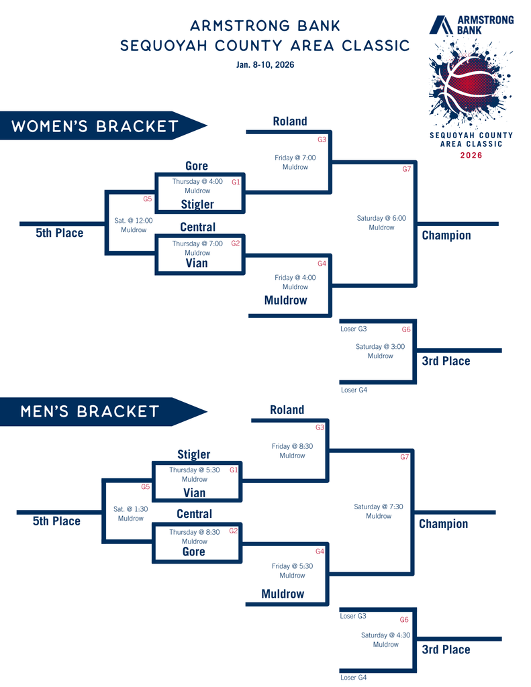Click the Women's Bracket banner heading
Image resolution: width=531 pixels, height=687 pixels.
coord(95,126)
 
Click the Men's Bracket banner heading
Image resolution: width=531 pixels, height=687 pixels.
coord(90,411)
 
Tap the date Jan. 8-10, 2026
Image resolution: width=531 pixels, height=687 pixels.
coord(265,65)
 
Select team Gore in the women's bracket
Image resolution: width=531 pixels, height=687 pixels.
coord(197,166)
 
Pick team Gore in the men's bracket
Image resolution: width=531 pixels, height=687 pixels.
coord(194,551)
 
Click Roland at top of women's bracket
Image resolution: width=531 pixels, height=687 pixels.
coord(290,121)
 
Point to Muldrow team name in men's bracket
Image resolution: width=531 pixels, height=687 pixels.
coord(283,594)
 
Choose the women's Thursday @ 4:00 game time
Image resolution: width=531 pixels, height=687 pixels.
coord(197,181)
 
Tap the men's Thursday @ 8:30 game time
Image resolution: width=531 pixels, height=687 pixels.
coord(195,532)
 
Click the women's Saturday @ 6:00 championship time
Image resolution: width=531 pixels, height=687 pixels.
coord(381,218)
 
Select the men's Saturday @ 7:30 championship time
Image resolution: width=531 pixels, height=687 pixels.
coord(379,507)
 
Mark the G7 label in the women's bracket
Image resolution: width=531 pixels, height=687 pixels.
coord(406,169)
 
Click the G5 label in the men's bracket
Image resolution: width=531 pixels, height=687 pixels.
coord(145,487)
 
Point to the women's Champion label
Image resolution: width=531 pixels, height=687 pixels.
coord(446,235)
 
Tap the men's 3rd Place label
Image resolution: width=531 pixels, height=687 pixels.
coord(446,649)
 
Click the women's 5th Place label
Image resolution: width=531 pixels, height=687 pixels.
coord(59,233)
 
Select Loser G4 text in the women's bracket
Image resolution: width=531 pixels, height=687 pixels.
coord(354,390)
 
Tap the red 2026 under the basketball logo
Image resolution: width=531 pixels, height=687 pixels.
coord(471,156)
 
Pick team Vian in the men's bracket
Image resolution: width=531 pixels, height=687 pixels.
coord(195,493)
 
